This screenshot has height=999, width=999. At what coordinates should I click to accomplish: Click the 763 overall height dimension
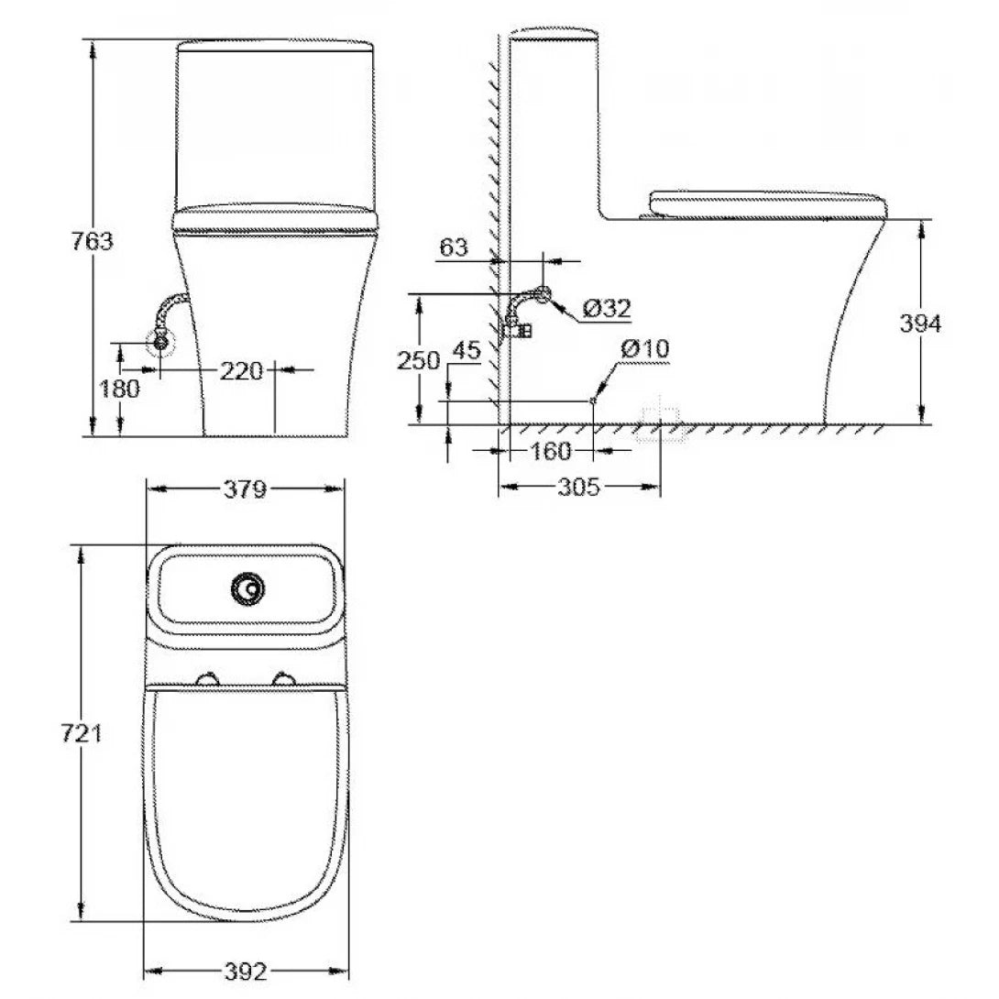tap(92, 241)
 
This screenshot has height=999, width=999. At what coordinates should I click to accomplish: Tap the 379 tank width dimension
tap(245, 489)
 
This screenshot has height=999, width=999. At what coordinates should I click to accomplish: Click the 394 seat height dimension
tap(919, 324)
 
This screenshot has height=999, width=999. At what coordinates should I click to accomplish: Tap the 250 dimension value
tap(418, 360)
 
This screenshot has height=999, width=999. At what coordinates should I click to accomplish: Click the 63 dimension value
tap(454, 247)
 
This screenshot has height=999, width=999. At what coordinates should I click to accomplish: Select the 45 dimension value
tap(467, 349)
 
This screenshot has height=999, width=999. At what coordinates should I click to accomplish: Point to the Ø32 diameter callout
tap(606, 309)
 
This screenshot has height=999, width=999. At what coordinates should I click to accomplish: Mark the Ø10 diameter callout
tap(644, 349)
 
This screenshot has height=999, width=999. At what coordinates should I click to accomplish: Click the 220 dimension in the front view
tap(240, 370)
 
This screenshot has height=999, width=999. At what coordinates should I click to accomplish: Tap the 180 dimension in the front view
tap(119, 389)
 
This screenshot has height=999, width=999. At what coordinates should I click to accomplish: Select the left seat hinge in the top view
tap(209, 679)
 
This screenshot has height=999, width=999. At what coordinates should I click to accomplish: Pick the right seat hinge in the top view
tap(284, 679)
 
